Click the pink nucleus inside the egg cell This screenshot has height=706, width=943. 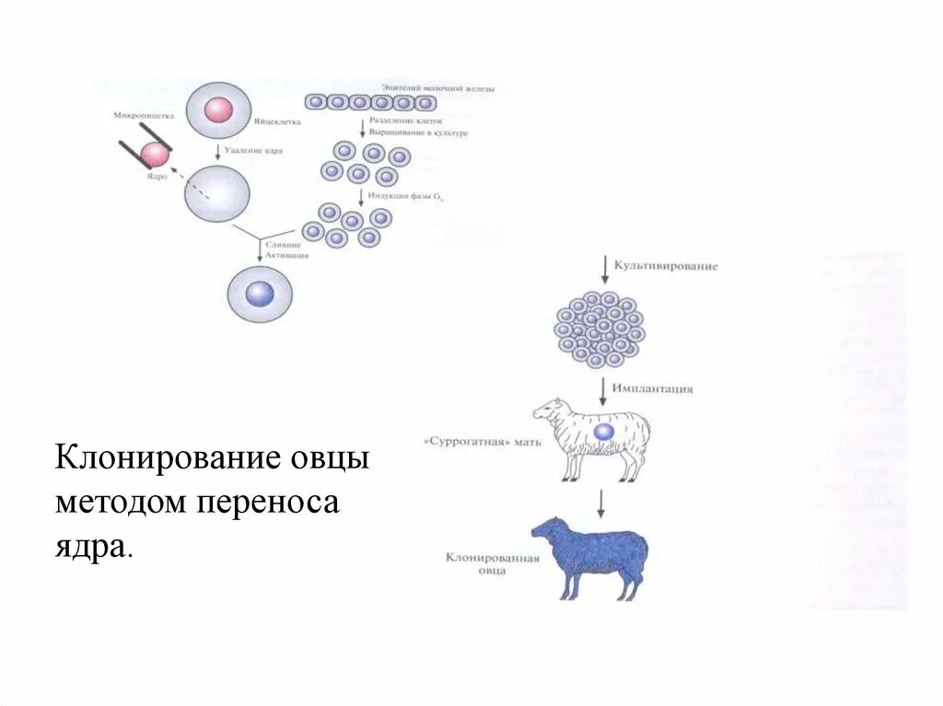tap(218, 110)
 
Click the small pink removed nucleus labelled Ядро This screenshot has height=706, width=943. tap(154, 155)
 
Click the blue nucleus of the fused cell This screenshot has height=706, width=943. tap(261, 294)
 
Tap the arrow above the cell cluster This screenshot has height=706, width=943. tap(603, 269)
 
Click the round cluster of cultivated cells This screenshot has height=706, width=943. tap(600, 327)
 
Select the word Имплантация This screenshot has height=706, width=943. tap(654, 388)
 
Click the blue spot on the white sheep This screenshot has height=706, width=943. tap(604, 431)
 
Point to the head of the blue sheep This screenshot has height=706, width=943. tap(545, 529)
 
